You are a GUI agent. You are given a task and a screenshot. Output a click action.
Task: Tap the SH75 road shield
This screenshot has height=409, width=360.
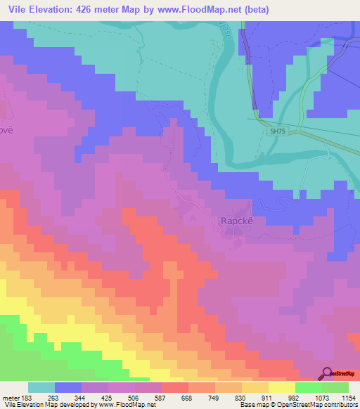pos(279,131)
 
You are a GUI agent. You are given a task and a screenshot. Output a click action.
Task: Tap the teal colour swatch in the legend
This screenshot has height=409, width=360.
pos(41,387)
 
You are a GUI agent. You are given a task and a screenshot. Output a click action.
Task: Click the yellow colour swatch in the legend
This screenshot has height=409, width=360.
pos(281,387)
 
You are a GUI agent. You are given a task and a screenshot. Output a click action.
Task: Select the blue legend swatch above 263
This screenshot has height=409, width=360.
pos(68,387)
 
